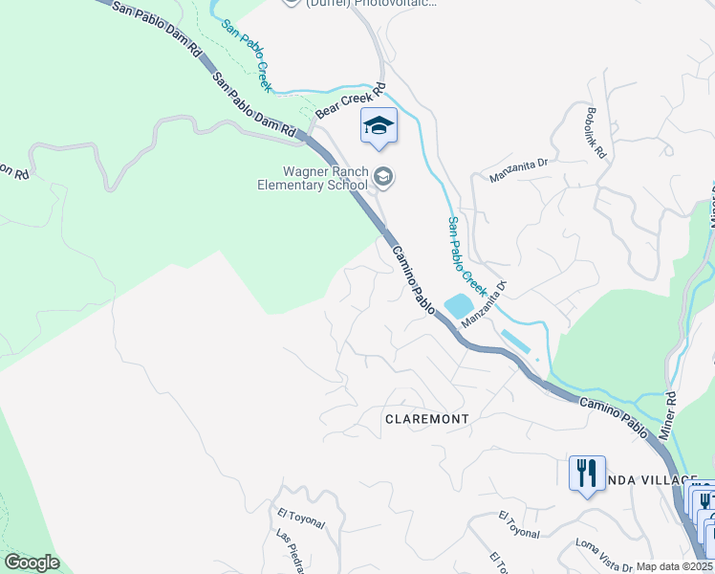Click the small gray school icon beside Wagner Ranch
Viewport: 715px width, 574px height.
[x=383, y=175]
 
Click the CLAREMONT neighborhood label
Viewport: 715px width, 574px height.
[x=426, y=419]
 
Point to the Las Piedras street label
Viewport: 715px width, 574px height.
[x=292, y=549]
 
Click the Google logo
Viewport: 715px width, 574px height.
[x=32, y=563]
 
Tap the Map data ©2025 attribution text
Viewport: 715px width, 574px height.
[x=675, y=566]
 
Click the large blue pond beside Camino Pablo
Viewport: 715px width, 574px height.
[x=457, y=306]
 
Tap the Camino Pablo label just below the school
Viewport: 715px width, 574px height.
[x=414, y=278]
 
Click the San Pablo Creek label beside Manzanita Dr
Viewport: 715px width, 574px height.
[x=467, y=255]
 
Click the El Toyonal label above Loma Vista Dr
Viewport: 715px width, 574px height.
[x=519, y=524]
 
